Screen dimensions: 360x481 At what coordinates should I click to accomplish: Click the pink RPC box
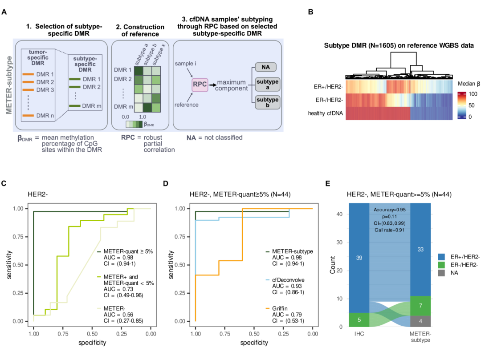200,85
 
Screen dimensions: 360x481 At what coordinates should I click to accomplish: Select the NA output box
265,67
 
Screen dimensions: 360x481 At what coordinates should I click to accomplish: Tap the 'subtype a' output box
267,85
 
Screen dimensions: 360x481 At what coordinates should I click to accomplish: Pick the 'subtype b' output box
267,102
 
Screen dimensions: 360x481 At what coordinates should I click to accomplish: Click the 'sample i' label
184,64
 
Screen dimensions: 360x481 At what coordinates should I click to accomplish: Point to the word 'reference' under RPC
187,105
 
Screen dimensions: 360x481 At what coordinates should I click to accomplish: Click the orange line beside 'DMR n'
28,116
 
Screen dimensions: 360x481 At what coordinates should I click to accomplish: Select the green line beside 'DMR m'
74,106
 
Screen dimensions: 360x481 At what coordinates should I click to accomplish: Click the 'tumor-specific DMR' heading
41,57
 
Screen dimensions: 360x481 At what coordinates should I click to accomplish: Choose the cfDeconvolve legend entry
288,279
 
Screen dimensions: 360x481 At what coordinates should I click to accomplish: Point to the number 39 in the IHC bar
359,258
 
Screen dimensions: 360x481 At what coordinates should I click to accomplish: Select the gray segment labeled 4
420,320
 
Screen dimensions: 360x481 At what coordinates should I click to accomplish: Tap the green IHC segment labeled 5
359,320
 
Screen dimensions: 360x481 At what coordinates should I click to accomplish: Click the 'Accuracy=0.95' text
390,210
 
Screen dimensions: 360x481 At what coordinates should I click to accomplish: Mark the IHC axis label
359,334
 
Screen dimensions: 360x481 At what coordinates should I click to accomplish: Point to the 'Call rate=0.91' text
390,230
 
